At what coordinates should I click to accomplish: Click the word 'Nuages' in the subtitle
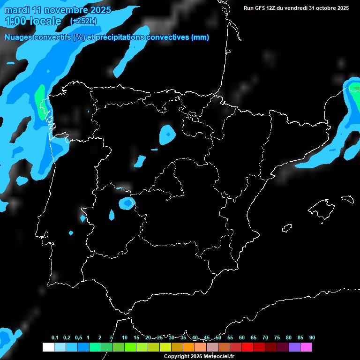[x=18, y=37]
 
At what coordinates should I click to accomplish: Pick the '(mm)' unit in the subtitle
[x=200, y=37]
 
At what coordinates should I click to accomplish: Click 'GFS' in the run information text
[x=261, y=8]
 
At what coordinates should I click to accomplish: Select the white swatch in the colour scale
[x=48, y=347]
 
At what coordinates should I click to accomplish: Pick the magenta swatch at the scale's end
[x=306, y=347]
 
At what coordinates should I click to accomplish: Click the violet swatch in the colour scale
[x=294, y=347]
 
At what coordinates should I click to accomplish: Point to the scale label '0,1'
[x=55, y=338]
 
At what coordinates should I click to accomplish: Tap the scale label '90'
[x=312, y=338]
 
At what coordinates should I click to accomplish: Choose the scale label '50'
[x=218, y=338]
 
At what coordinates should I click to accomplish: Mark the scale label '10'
[x=124, y=338]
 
